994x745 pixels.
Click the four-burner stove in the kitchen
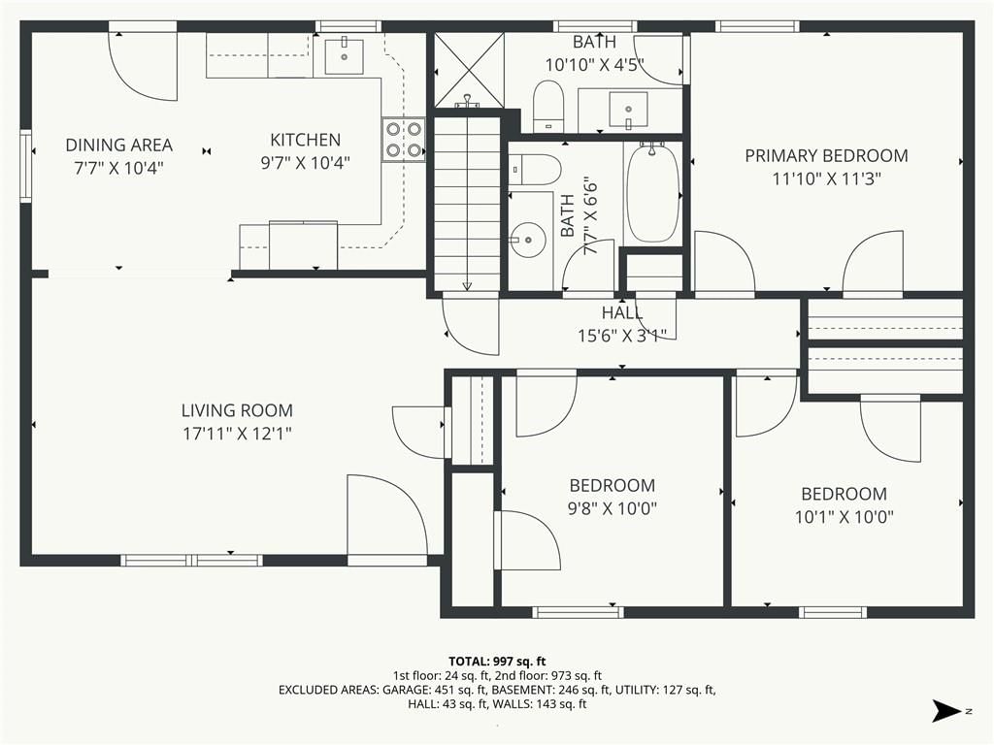click(x=403, y=140)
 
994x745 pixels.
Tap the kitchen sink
click(x=345, y=56)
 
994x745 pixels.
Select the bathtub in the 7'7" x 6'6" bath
click(x=652, y=193)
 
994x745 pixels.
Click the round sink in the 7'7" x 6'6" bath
click(x=528, y=241)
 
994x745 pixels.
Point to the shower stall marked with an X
click(x=469, y=69)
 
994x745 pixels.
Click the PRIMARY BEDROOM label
click(x=826, y=156)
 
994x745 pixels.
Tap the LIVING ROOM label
click(x=237, y=410)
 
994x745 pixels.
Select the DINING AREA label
click(x=119, y=146)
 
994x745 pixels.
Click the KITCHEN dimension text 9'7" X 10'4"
click(x=306, y=163)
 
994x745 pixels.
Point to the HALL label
click(x=622, y=312)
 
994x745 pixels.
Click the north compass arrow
click(x=947, y=711)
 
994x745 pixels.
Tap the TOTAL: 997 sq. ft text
click(x=497, y=662)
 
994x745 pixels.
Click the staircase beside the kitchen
click(x=467, y=203)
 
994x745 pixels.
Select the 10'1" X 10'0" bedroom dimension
click(x=845, y=517)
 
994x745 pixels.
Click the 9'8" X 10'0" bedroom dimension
click(x=612, y=508)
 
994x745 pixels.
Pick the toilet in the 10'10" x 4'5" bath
click(x=548, y=106)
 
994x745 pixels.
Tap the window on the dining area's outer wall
click(x=26, y=166)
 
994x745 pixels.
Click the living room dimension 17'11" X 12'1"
click(x=237, y=434)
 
